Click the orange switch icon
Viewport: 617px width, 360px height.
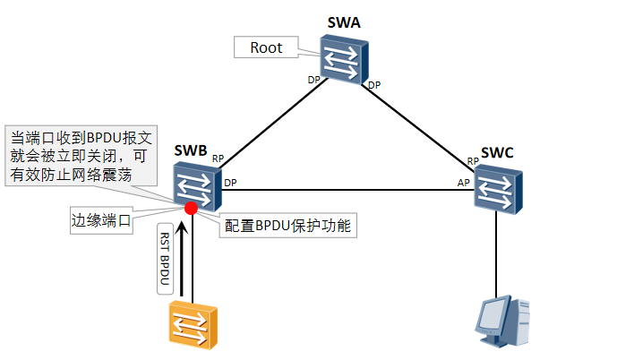(x=193, y=323)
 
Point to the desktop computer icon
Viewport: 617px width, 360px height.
(x=502, y=321)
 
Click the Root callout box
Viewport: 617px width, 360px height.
(x=267, y=47)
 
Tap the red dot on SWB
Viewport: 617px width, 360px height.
(x=191, y=209)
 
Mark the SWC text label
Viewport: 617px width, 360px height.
(x=497, y=152)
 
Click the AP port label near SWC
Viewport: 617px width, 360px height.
(x=464, y=182)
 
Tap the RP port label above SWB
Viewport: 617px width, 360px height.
(x=218, y=159)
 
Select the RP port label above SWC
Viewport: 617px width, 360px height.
(x=472, y=161)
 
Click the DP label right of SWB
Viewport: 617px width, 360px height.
(x=230, y=183)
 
